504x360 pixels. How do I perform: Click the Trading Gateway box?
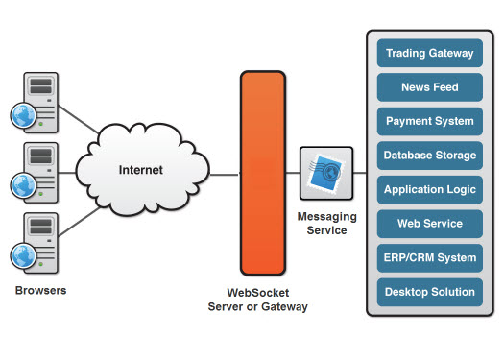coord(429,54)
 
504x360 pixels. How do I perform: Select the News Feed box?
coord(429,87)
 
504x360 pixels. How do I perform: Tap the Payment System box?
coord(429,122)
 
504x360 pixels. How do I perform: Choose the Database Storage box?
coord(429,156)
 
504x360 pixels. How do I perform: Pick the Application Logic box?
coord(429,190)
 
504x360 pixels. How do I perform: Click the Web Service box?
coord(429,224)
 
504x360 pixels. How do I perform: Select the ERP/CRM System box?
coord(429,257)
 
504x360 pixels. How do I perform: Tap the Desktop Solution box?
coord(429,292)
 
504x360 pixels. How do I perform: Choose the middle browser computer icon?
coord(36,170)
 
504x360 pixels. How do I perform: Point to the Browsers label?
coord(41,288)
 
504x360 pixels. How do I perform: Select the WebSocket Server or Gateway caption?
coord(258,300)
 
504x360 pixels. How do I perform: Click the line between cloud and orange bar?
coord(223,175)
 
